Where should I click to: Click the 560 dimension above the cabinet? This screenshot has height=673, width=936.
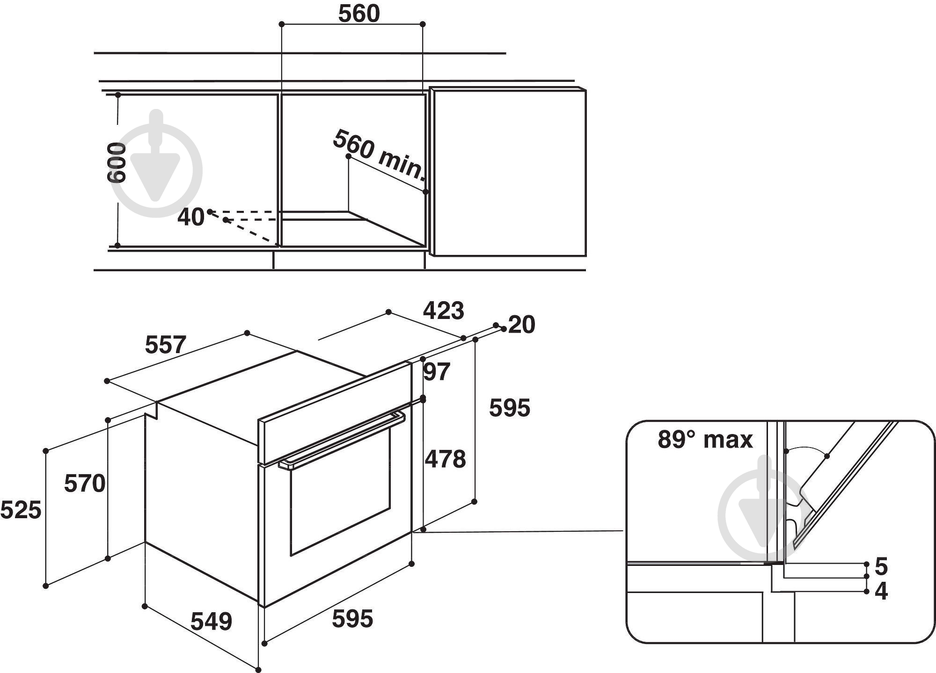pyautogui.click(x=359, y=14)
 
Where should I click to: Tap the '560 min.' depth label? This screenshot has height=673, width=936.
pyautogui.click(x=379, y=155)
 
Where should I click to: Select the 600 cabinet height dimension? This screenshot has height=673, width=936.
pyautogui.click(x=117, y=163)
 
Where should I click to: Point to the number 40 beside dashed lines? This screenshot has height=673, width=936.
pyautogui.click(x=190, y=217)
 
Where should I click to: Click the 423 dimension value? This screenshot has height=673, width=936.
pyautogui.click(x=443, y=311)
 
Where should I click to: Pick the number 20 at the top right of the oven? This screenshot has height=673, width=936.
pyautogui.click(x=521, y=325)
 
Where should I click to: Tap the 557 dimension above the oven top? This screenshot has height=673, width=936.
pyautogui.click(x=166, y=345)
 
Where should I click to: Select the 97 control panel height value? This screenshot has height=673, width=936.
pyautogui.click(x=437, y=372)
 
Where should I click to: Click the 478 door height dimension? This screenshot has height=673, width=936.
pyautogui.click(x=445, y=459)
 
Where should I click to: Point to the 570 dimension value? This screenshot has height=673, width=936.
pyautogui.click(x=85, y=484)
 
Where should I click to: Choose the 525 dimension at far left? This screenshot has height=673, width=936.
pyautogui.click(x=21, y=510)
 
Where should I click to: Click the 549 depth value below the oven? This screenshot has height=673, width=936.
pyautogui.click(x=211, y=622)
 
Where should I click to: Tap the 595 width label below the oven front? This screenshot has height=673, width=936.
pyautogui.click(x=352, y=619)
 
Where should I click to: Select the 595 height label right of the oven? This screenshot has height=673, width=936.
pyautogui.click(x=510, y=408)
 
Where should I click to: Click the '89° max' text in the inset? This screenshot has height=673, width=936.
pyautogui.click(x=705, y=440)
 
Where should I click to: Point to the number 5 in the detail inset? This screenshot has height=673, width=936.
pyautogui.click(x=881, y=567)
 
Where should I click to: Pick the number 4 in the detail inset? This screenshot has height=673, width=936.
pyautogui.click(x=881, y=592)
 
